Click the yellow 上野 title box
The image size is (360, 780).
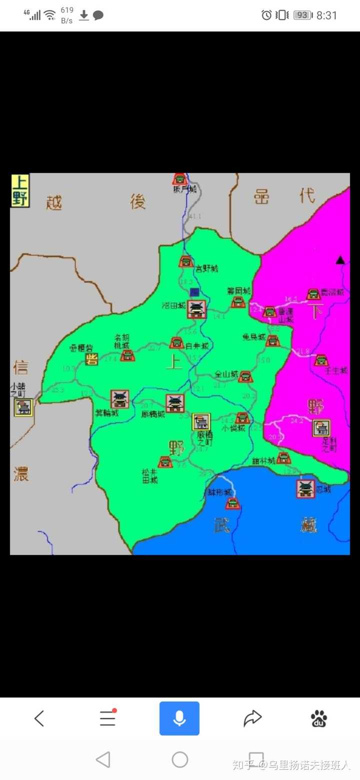click(20, 190)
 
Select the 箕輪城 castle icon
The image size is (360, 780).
click(120, 399)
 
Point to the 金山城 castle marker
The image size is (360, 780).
click(245, 376)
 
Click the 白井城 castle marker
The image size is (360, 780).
click(176, 342)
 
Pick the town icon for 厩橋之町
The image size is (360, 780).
click(201, 421)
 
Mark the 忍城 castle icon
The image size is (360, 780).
click(305, 488)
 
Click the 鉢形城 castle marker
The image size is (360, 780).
click(233, 503)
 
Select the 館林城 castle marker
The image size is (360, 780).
click(283, 457)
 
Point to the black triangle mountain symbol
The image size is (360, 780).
click(340, 259)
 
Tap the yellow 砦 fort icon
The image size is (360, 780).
click(91, 359)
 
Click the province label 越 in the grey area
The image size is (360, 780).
click(54, 202)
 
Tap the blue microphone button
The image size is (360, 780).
click(179, 718)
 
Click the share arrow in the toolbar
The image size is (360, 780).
click(253, 718)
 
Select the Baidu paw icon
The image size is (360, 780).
click(319, 718)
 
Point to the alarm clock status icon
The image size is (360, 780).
click(266, 15)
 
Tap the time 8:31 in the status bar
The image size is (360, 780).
click(327, 15)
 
